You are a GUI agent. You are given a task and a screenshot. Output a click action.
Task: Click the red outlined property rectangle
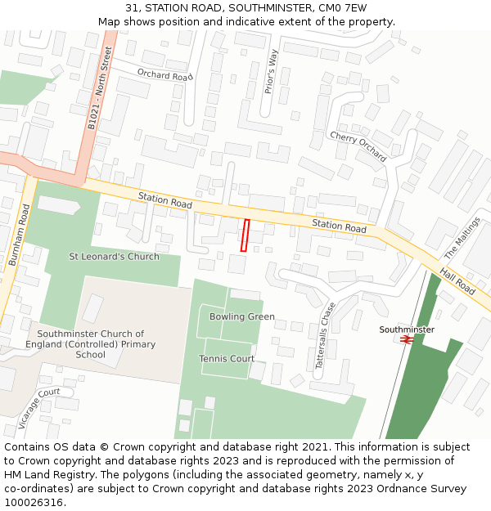coord(245,235)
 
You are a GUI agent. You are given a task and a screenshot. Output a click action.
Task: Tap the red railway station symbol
coord(406,339)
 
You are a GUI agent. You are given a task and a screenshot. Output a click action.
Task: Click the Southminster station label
coord(407,329)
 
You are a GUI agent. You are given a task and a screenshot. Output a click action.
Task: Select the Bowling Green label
coord(242,316)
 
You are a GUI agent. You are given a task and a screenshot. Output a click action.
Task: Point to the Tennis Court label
coord(227,358)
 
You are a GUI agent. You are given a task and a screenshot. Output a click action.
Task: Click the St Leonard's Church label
coord(114,257)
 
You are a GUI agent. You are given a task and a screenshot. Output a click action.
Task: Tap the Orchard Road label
coord(164,75)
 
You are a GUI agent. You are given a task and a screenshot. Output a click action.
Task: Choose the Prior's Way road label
coord(272,71)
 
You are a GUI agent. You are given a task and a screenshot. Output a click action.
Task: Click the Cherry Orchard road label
coord(358,146)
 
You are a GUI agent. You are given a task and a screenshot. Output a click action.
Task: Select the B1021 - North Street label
coord(99,88)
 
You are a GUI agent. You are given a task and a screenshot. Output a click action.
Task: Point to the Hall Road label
coord(457,280)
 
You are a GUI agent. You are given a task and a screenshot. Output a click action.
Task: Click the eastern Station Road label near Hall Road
coord(339,226)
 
